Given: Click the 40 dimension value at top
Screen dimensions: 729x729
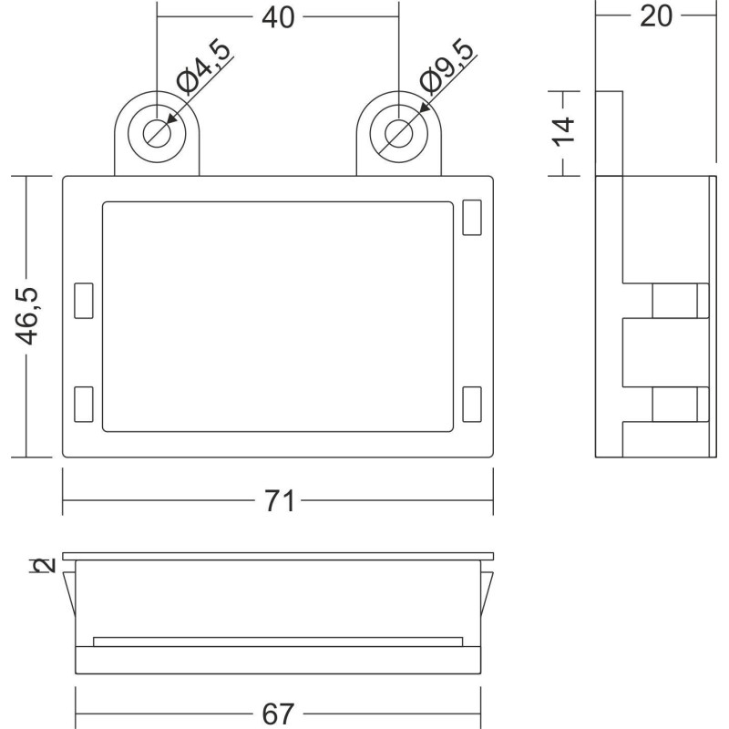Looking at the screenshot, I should coord(279,16).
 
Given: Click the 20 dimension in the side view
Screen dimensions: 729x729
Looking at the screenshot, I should coord(655,16).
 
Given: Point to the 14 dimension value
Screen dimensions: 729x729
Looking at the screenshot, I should coord(566,132).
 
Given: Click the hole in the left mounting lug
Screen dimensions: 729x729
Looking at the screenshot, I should coord(157,133).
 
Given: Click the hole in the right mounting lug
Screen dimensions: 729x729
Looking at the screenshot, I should coord(398,133).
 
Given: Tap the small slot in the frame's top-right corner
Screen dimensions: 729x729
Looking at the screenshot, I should coord(472,218).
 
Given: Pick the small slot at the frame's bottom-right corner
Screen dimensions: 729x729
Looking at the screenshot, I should coord(472,404).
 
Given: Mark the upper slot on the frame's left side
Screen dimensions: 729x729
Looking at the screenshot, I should coord(84,301).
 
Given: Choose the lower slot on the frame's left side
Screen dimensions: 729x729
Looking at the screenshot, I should coord(84,404).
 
